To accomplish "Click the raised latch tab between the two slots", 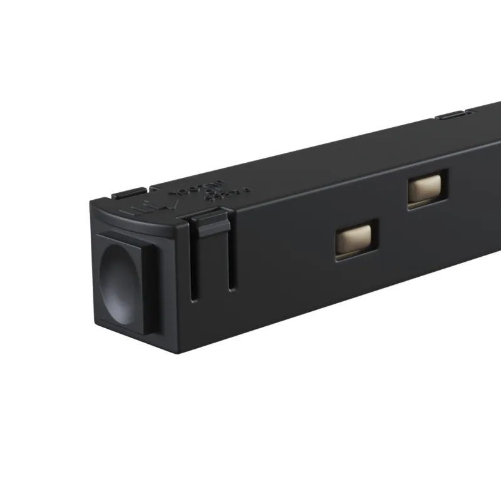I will click(x=210, y=224).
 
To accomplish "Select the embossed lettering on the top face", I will click(x=207, y=187).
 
